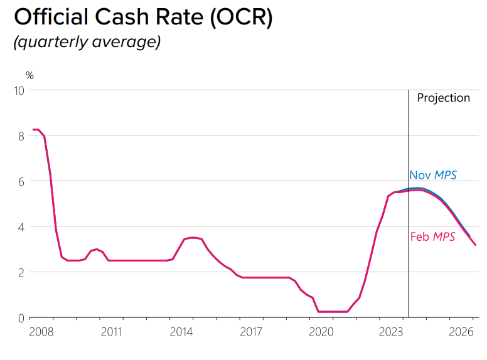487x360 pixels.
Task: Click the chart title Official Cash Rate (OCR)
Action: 143,17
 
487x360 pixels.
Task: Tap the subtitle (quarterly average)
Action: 87,42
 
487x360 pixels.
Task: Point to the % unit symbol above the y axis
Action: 29,76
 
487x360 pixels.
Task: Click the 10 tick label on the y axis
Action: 19,90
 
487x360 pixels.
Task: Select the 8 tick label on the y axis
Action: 21,135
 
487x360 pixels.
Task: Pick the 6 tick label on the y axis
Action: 21,181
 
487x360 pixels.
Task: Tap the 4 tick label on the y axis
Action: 21,227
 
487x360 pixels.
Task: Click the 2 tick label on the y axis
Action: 21,272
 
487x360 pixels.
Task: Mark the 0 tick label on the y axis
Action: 21,318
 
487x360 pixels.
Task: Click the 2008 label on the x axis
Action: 41,332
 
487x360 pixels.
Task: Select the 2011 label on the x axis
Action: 111,332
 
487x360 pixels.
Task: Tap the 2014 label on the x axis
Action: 181,332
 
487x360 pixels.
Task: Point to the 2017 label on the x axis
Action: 251,332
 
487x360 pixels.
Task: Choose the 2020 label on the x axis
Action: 321,332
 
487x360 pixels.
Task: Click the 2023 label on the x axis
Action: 391,332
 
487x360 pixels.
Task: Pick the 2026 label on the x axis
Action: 461,332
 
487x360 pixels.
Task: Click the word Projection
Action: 443,98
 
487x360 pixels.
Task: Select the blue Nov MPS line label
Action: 433,175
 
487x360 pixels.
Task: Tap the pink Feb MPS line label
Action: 432,236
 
